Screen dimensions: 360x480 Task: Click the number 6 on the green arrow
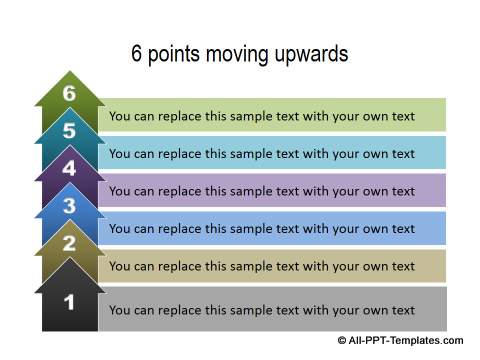tap(69, 93)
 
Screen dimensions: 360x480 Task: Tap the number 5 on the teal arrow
tap(69, 131)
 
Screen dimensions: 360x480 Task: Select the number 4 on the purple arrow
tap(69, 168)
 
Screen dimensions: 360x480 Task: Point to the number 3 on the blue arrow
tap(69, 206)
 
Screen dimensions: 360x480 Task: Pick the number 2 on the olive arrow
tap(69, 243)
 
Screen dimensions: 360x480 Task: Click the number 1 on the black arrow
tap(69, 300)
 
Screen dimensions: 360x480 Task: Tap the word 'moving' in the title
tap(232, 54)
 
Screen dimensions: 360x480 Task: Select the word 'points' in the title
tap(172, 54)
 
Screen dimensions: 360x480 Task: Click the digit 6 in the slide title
tap(137, 54)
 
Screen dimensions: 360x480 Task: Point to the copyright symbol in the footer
tap(342, 341)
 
